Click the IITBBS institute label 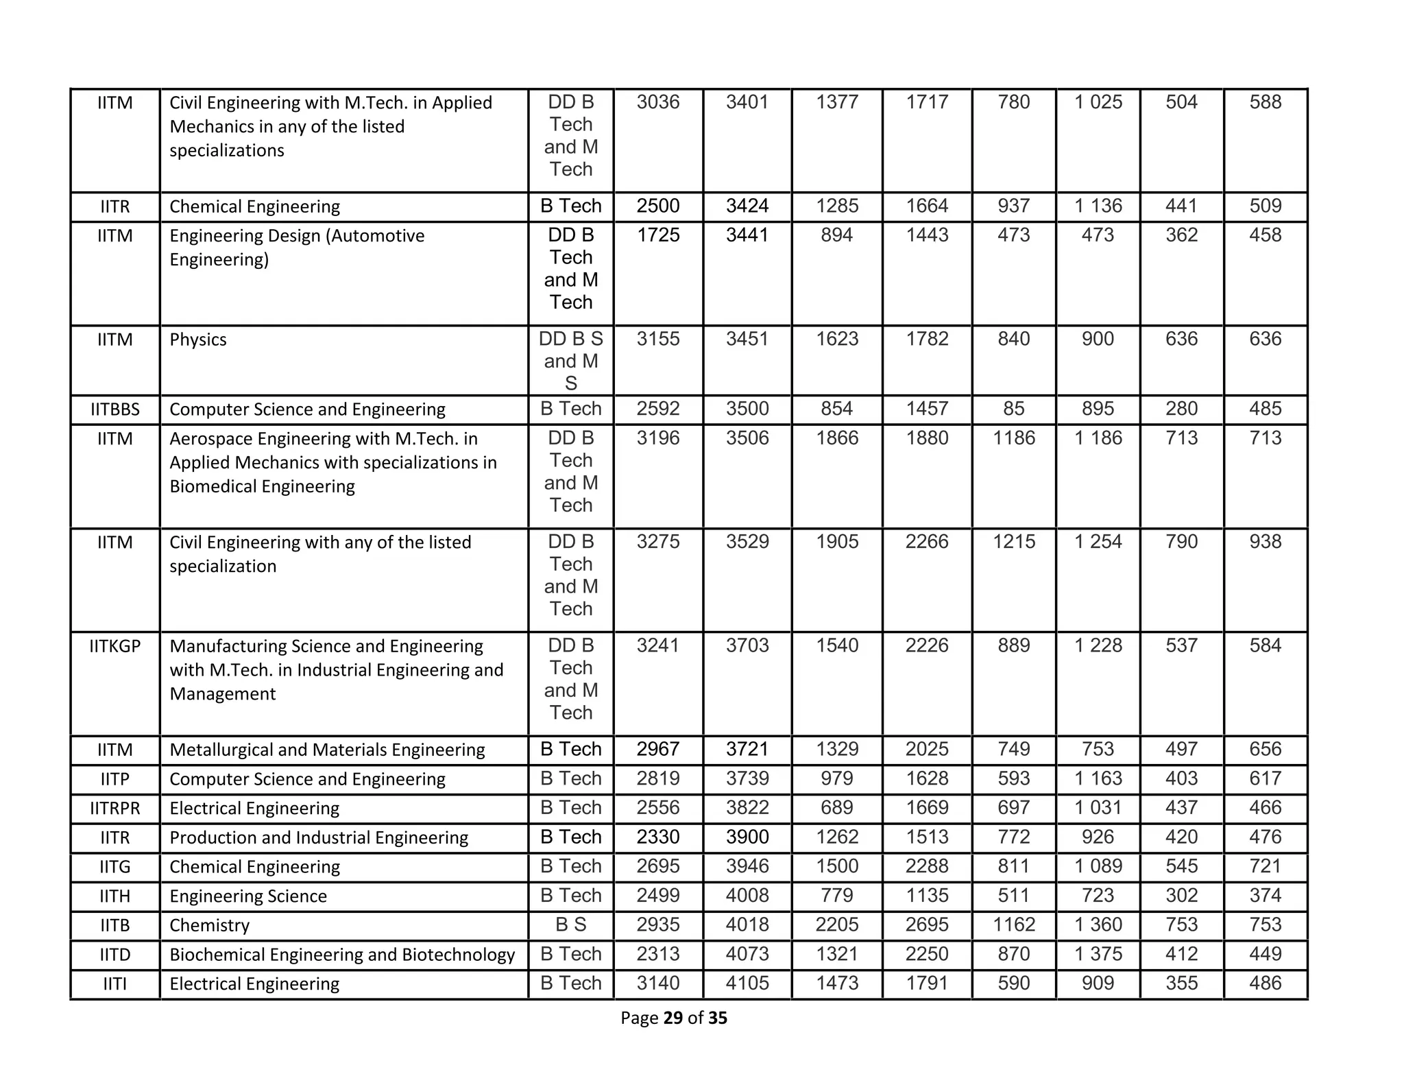(114, 409)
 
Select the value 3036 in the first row (657, 102)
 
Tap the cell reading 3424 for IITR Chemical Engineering (747, 206)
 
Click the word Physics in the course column (197, 339)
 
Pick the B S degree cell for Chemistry (570, 925)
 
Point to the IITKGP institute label (114, 646)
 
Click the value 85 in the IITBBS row (1013, 409)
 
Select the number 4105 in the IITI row (747, 983)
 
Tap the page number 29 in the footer (673, 1018)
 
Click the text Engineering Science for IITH (247, 896)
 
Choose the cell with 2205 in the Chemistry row (836, 925)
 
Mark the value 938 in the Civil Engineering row (1265, 542)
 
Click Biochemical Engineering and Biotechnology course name (341, 954)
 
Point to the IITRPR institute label (114, 808)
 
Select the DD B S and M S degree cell (570, 361)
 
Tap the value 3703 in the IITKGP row (747, 645)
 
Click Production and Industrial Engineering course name (318, 837)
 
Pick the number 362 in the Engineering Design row (1181, 235)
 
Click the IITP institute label (114, 779)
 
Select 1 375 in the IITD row (1098, 954)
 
